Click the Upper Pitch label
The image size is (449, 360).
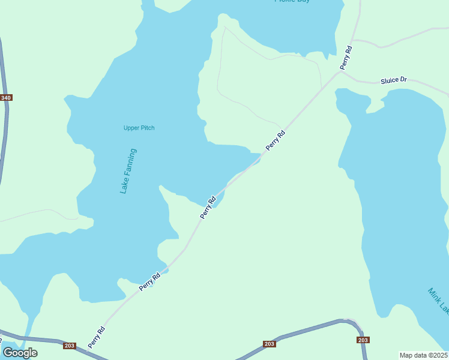139,128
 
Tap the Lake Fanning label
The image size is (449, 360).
128,171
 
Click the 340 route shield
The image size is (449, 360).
6,98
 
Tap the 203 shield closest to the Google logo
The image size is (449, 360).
69,346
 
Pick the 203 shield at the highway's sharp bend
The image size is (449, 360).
363,340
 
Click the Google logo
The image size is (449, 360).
20,352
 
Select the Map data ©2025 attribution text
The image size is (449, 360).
424,355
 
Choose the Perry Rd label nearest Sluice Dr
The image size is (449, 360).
346,56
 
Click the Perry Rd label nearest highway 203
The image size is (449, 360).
96,337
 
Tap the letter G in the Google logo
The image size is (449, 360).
8,352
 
